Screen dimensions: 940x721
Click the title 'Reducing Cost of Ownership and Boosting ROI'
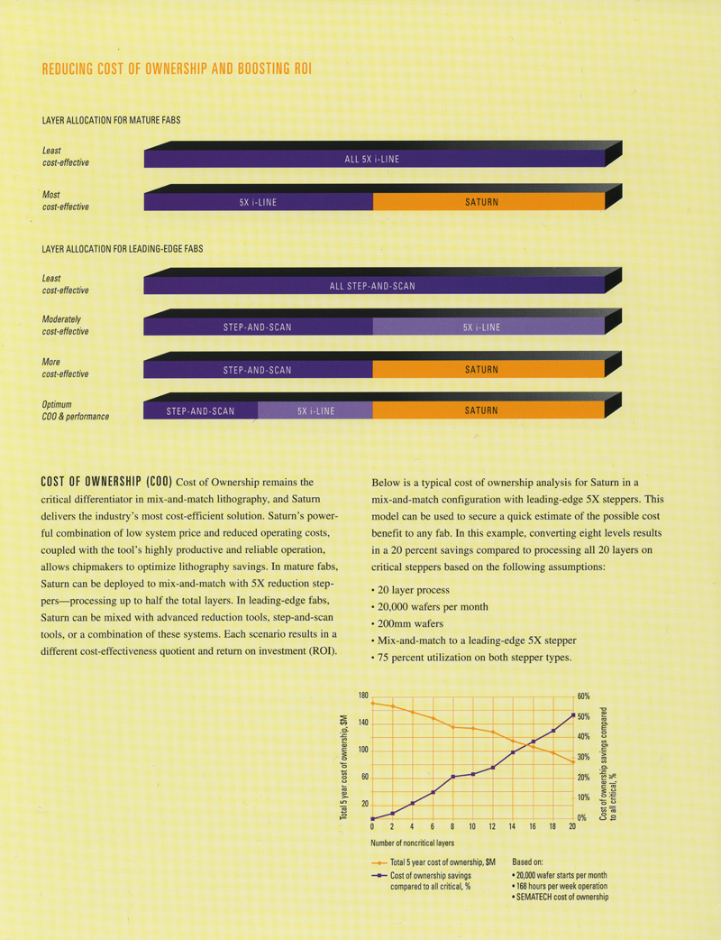click(178, 70)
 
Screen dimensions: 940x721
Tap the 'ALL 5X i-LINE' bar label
click(371, 160)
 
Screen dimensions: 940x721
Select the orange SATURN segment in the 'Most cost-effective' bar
click(481, 202)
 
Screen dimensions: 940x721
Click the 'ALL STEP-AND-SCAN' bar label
click(371, 286)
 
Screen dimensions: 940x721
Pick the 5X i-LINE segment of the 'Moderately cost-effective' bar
click(481, 327)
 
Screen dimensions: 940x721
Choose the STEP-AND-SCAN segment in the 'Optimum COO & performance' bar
click(200, 411)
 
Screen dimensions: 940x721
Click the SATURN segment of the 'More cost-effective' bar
click(481, 370)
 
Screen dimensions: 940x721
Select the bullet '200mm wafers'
click(410, 623)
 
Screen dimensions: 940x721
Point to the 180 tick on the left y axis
click(362, 696)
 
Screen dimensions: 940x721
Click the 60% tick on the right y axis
click(584, 696)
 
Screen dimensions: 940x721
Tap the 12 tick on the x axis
click(492, 827)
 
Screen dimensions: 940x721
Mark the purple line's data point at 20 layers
click(572, 715)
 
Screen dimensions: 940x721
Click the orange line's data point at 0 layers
click(372, 703)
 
